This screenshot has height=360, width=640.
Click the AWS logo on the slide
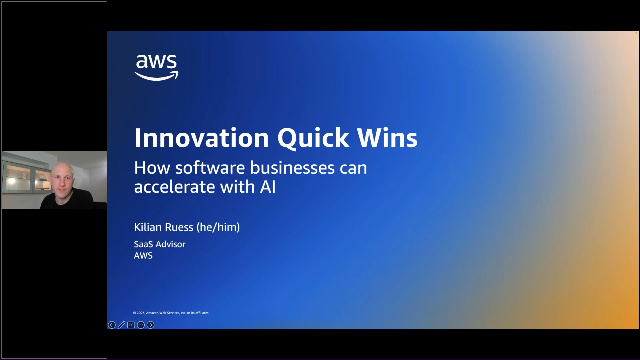[156, 66]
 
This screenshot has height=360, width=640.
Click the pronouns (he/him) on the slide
[222, 227]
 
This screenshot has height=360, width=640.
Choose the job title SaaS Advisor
[159, 244]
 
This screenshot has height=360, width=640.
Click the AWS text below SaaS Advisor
[143, 255]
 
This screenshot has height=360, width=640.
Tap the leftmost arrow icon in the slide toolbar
[112, 324]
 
